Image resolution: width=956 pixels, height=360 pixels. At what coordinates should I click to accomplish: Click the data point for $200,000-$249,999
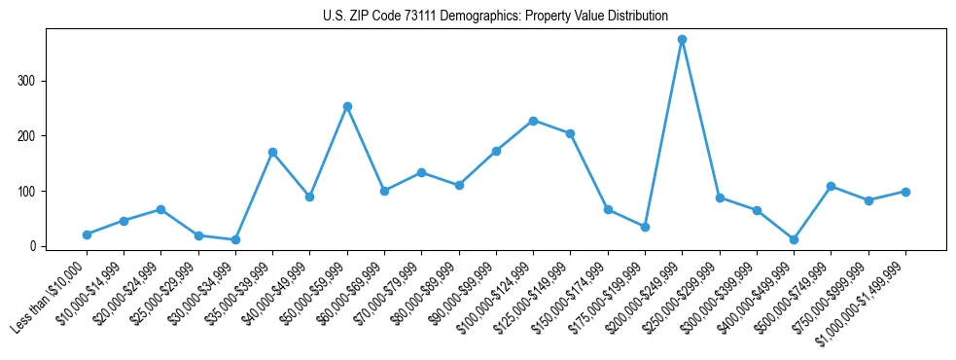[x=682, y=40]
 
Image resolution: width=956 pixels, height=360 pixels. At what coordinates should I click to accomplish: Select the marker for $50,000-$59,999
[x=347, y=106]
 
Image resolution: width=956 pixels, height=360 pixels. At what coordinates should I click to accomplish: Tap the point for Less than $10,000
[x=87, y=234]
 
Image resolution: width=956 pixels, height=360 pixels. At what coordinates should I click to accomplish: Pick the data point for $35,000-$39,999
[x=272, y=152]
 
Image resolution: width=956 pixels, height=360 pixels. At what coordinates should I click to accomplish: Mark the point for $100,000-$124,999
[x=533, y=121]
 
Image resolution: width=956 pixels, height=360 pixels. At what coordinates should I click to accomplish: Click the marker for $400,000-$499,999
[x=794, y=239]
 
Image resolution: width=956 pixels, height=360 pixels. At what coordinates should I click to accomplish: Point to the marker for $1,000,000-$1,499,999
[x=905, y=192]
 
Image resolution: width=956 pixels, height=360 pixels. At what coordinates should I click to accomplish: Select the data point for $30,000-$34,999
[x=235, y=239]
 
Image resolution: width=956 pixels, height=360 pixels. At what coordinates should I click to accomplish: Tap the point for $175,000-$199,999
[x=645, y=227]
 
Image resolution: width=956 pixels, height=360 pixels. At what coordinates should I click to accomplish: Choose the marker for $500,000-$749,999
[x=831, y=186]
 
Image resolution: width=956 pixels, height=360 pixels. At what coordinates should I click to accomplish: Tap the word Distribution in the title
[x=634, y=17]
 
